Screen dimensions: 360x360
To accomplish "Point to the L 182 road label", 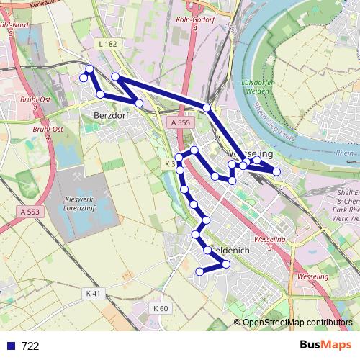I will [105, 45].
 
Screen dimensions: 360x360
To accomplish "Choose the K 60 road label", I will [160, 308].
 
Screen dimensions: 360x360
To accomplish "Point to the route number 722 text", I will [30, 346].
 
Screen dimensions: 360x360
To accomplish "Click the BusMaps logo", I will [327, 346].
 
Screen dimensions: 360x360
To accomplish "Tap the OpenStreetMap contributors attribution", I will [297, 323].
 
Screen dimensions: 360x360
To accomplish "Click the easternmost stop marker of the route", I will [276, 171].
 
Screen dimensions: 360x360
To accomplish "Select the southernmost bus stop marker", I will [199, 271].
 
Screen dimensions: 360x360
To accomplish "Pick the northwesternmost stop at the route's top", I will [89, 68].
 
